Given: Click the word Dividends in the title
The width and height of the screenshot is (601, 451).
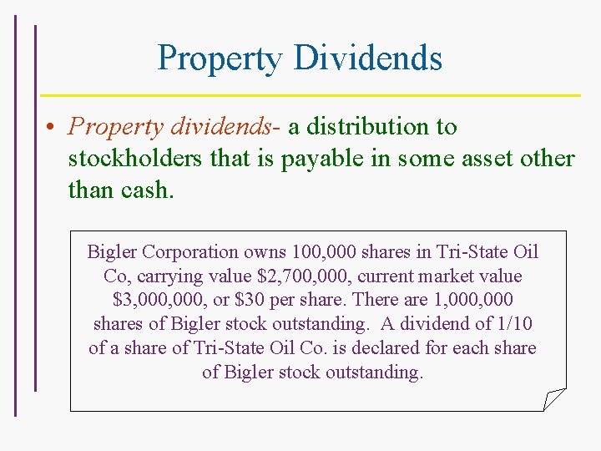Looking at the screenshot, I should pos(368,58).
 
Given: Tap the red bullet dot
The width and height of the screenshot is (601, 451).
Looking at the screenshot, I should pos(51,127).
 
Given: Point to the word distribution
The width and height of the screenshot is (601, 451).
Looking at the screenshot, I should pos(371,127).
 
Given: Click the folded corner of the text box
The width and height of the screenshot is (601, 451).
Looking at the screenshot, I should pos(554,399).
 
